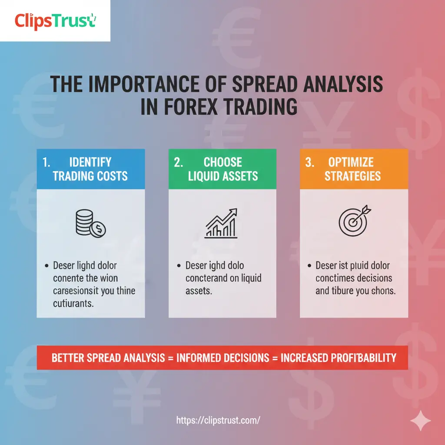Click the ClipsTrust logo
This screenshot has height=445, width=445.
[55, 20]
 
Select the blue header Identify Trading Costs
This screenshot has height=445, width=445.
[90, 169]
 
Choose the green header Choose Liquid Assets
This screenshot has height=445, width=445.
[222, 169]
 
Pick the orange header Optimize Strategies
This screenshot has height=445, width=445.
[354, 169]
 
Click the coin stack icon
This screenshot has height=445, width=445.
[90, 223]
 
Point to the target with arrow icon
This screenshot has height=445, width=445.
[353, 220]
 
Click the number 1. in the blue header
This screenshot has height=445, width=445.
[47, 163]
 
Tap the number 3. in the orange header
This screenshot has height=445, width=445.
[309, 163]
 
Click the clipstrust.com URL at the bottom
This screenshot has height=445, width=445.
[218, 420]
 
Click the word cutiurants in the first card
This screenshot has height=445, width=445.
[73, 303]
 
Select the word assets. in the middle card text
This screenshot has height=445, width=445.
[199, 291]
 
